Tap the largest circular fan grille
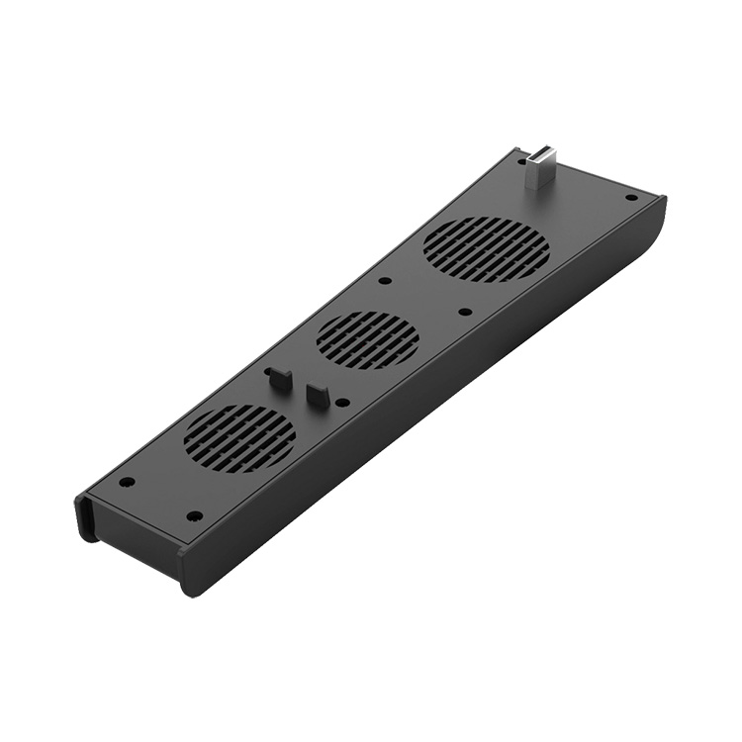point(486,248)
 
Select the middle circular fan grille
point(367,340)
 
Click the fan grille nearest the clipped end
point(239,437)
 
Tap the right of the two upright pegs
point(317,394)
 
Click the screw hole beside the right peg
point(342,402)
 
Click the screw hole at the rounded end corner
point(630,197)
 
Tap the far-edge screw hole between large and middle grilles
point(385,280)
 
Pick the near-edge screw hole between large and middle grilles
point(465,312)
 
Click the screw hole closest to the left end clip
point(127,482)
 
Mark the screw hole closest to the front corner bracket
point(194,515)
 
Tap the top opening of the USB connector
point(542,153)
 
